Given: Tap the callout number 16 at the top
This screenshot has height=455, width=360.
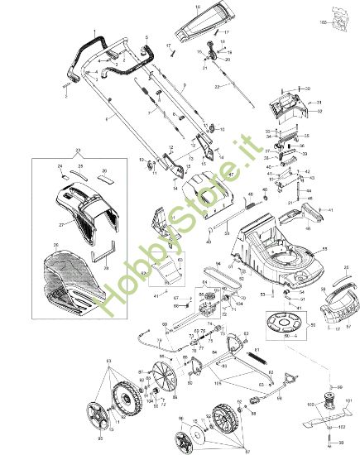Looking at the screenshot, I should [198, 6].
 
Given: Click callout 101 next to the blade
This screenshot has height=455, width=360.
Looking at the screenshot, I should [348, 400].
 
